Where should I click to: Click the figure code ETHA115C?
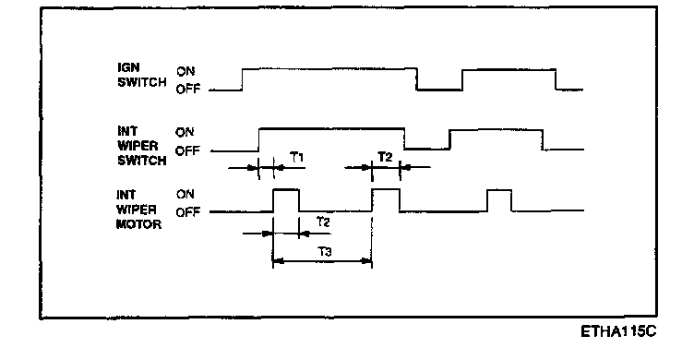618,331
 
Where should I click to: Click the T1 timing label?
297,157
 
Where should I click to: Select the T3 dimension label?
325,252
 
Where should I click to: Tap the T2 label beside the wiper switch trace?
385,157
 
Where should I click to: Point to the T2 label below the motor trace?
323,222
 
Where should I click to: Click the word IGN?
128,67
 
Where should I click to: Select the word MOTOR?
138,224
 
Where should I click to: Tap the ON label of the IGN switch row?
185,71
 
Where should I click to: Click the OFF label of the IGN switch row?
188,90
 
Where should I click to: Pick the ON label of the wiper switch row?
185,132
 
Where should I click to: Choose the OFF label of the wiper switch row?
187,151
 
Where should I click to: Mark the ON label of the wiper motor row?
185,194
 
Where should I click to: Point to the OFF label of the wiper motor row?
187,212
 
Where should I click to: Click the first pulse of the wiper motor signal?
286,190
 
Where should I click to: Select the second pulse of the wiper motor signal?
386,189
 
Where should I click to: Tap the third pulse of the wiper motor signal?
499,190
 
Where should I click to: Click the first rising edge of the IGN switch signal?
242,79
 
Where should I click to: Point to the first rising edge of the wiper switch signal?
259,140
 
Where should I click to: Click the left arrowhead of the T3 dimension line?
278,261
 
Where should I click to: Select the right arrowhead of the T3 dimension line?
367,261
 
